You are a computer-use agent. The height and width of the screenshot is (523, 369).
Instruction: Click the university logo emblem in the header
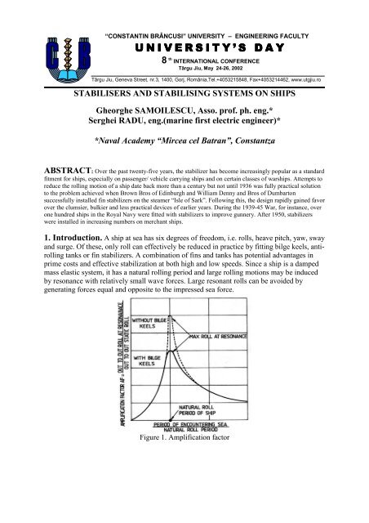coord(40,40)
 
